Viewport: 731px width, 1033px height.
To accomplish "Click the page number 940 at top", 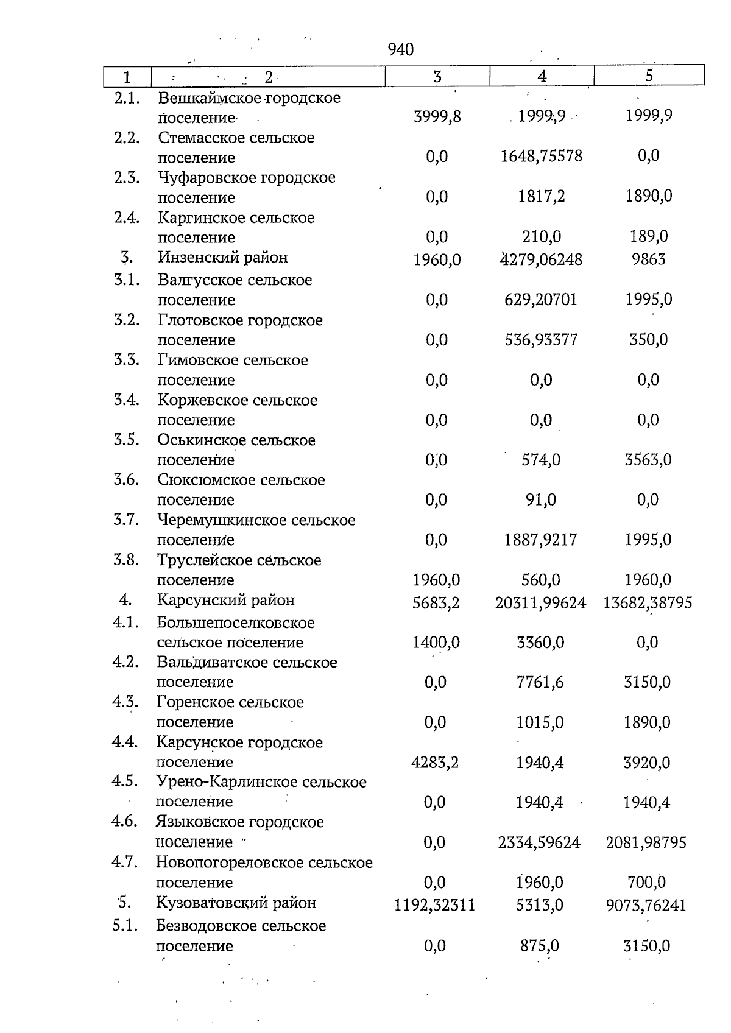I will [400, 50].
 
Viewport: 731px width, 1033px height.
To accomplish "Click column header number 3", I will [437, 76].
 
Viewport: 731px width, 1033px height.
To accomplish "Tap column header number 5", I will [649, 76].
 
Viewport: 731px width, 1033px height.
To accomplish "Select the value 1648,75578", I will [541, 157].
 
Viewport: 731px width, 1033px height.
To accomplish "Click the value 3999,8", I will [437, 116].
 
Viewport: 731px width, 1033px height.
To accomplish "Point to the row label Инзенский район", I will [223, 258].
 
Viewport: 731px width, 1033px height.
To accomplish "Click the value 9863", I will [649, 260].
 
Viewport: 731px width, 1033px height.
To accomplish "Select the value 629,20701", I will [541, 300].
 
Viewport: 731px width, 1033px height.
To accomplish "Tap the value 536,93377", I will [541, 340].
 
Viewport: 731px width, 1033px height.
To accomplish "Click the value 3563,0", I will [648, 460].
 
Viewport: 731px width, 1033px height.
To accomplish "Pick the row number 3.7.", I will [127, 520].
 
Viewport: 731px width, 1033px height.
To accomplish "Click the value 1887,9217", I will [540, 540].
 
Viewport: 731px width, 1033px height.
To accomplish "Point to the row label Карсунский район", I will [225, 601].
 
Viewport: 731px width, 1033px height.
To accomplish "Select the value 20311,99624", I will [540, 604].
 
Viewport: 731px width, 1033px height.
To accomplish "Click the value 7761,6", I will [540, 683].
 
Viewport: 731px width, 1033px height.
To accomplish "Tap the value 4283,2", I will [435, 763].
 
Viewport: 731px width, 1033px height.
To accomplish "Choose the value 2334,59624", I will [539, 843].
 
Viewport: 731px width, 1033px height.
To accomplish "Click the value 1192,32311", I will [434, 906].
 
